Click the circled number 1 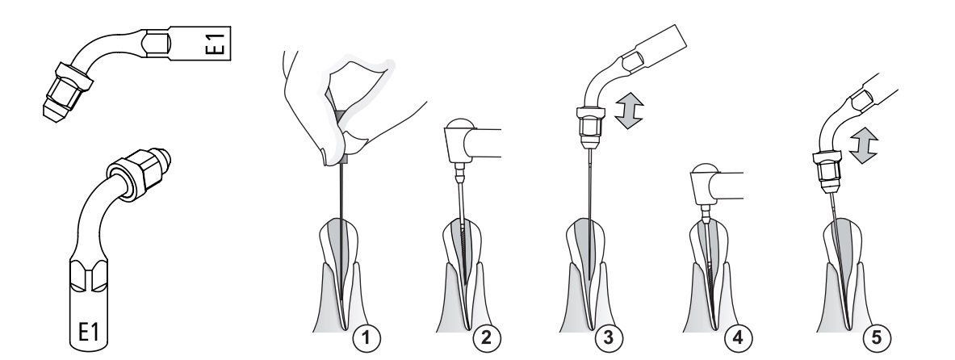click(366, 337)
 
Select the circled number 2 click(486, 337)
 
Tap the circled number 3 click(609, 337)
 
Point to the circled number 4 click(738, 337)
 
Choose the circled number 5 click(877, 337)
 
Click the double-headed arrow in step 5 click(863, 145)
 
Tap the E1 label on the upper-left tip click(217, 44)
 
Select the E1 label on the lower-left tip click(88, 332)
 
